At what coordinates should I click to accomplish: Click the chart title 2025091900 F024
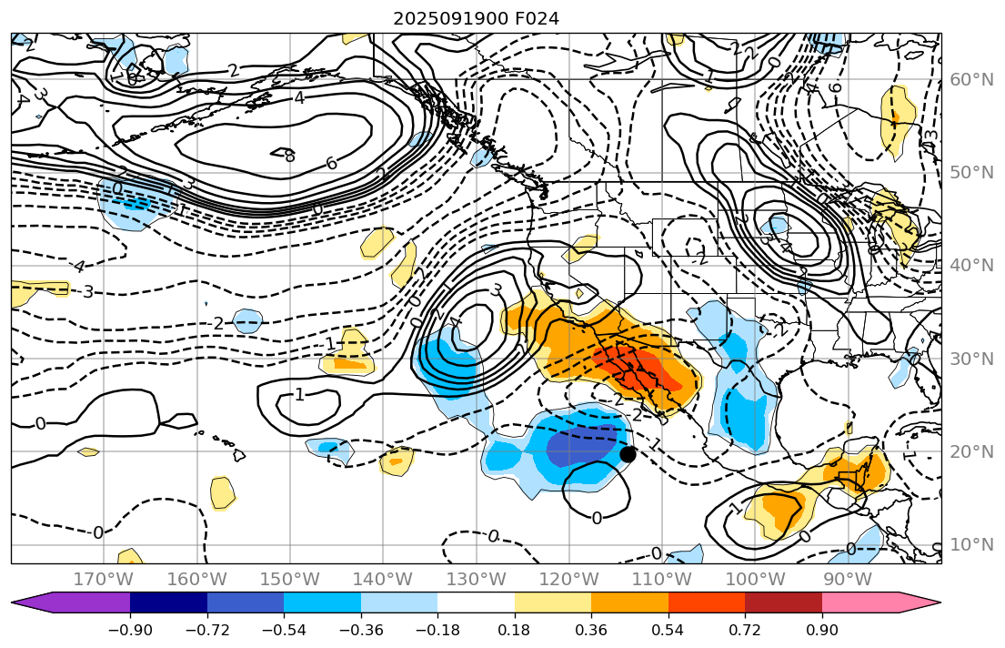[x=476, y=18]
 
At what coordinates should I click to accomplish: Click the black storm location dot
[x=628, y=454]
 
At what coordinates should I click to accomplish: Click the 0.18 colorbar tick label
[x=515, y=631]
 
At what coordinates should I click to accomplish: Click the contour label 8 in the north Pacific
[x=289, y=157]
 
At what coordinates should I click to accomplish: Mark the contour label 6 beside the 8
[x=332, y=163]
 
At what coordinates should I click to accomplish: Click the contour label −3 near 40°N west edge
[x=87, y=292]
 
